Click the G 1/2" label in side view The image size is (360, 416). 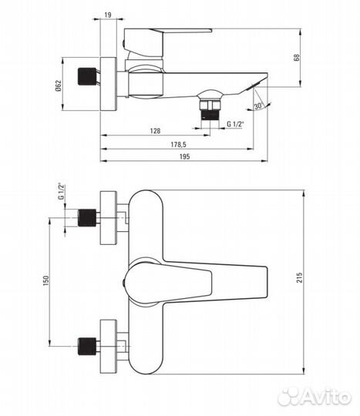[x=235, y=123]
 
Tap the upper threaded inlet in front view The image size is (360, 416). [x=88, y=218]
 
